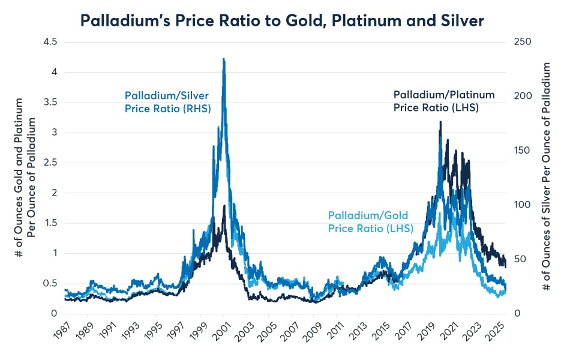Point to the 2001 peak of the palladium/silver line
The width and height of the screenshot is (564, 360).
224,59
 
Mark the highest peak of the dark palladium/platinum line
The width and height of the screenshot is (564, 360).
441,122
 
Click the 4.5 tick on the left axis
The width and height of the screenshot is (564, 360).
49,42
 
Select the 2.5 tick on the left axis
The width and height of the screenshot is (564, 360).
49,163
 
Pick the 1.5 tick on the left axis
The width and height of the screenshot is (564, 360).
49,223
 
